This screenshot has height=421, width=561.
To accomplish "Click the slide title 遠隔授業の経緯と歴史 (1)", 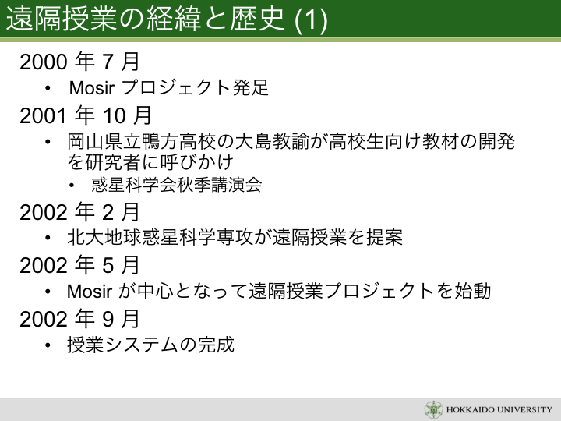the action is pos(167,19).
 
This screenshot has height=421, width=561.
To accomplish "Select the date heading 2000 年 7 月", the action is pos(79,62).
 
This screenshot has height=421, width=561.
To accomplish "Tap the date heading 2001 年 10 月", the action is pos(86,115).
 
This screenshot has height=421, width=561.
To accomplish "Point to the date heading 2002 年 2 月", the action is pos(79,212).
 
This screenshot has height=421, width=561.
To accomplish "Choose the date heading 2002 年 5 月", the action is pos(79,265).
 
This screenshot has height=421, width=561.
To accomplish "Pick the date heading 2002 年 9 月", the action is pos(79,319).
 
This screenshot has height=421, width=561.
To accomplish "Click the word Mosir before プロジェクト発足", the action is pos(92,88).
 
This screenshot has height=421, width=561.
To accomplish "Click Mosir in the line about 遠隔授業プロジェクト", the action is pos(90,292).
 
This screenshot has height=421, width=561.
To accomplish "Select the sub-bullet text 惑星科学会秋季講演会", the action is pos(176,185).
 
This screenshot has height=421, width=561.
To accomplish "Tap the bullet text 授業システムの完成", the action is pos(150,345).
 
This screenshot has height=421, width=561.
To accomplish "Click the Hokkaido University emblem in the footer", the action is pos(434,409).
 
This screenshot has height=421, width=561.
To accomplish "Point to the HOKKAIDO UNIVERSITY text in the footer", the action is pos(499,409).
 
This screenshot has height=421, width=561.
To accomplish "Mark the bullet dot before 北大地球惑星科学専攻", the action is pos(48,238).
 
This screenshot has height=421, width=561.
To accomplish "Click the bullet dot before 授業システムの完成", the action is pos(48,345).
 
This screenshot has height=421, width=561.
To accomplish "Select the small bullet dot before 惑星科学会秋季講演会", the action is pos(72,186).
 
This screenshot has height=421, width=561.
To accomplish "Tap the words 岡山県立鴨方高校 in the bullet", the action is pos(142,141).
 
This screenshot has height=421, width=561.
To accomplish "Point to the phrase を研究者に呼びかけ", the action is pos(150,162).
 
